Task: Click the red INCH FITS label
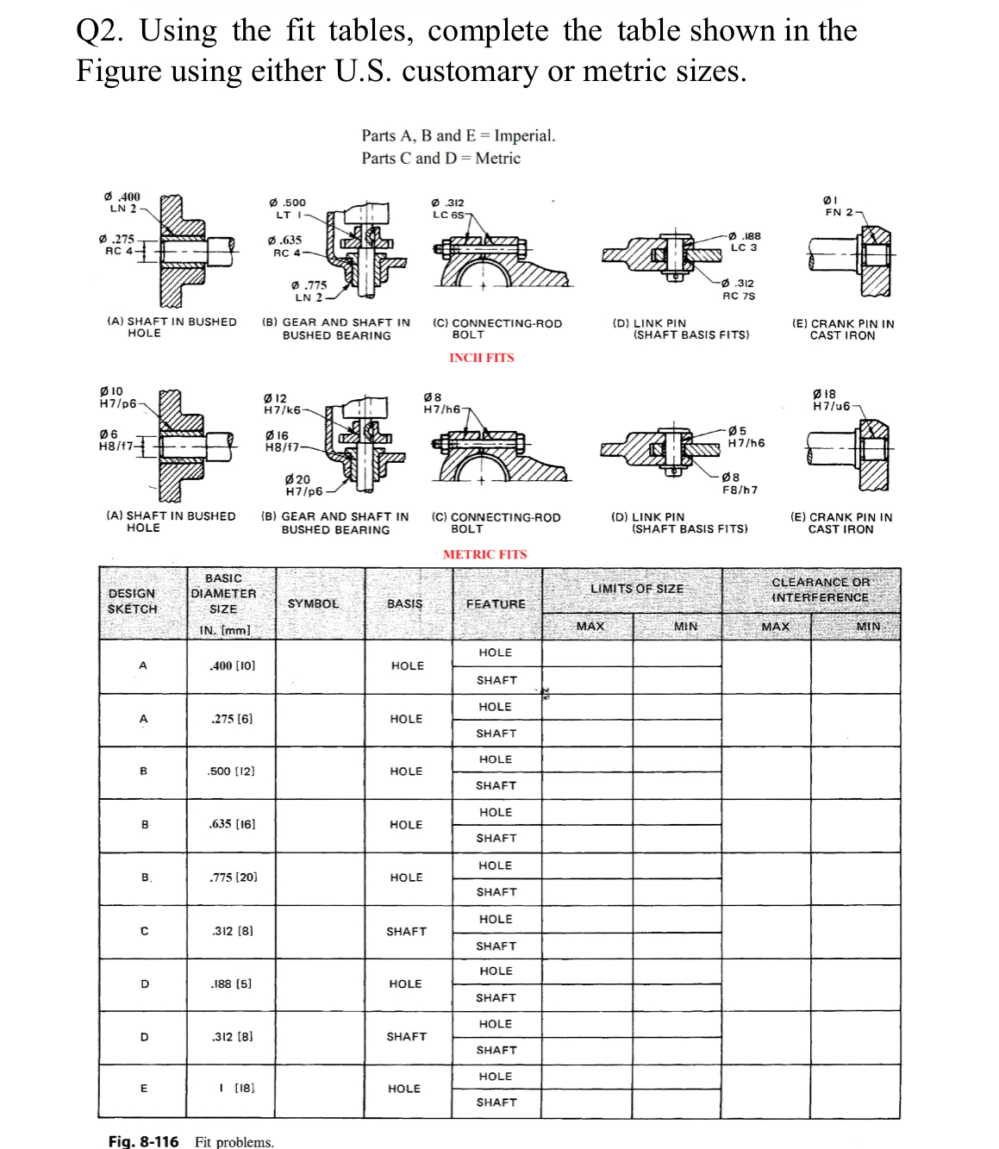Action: [x=481, y=358]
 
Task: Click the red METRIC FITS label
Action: [x=484, y=554]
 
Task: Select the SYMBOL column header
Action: [x=313, y=603]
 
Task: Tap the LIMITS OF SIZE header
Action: [x=636, y=589]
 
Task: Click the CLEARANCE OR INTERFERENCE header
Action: [x=820, y=590]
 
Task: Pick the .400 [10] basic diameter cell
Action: [x=232, y=665]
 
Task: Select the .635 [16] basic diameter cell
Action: [x=232, y=824]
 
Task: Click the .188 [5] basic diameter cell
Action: [x=231, y=984]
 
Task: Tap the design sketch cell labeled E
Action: [x=144, y=1089]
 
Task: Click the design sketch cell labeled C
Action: [x=144, y=931]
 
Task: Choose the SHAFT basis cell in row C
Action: [x=406, y=931]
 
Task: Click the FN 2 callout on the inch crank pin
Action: [x=839, y=212]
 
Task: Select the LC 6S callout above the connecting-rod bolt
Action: [x=448, y=215]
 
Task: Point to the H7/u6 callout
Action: [x=831, y=406]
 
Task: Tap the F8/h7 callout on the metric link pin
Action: [x=740, y=490]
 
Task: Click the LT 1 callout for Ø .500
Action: [x=286, y=215]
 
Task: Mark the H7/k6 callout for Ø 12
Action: [x=282, y=410]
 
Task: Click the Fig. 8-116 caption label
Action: [x=143, y=1141]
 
